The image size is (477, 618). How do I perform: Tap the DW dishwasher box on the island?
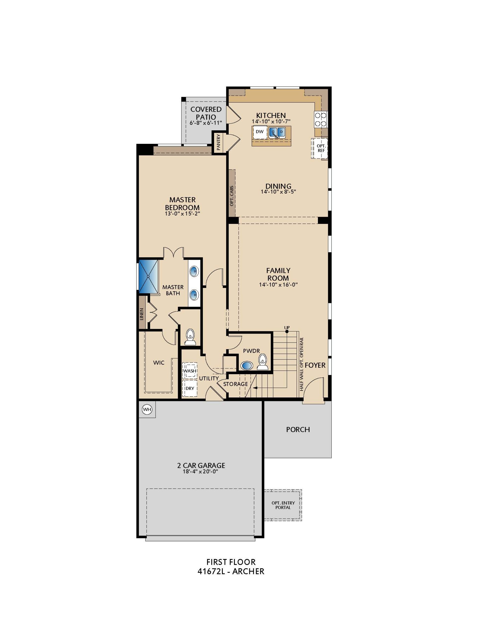click(x=260, y=132)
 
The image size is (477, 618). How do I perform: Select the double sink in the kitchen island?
click(x=277, y=132)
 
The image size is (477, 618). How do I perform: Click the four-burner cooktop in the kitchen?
click(x=321, y=119)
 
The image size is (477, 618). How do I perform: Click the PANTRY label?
click(x=218, y=142)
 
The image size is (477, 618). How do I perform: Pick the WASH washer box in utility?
click(x=190, y=370)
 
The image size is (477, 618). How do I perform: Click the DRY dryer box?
click(x=190, y=388)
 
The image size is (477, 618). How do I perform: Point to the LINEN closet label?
click(x=142, y=314)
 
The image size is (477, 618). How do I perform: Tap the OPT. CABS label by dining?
click(x=232, y=196)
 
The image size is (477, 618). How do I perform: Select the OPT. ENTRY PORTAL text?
click(x=283, y=505)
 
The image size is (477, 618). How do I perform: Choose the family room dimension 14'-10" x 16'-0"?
click(x=278, y=285)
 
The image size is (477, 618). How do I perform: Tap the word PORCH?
click(x=298, y=430)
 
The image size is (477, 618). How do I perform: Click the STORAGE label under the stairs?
click(x=235, y=384)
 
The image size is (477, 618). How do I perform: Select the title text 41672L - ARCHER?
click(x=231, y=571)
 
